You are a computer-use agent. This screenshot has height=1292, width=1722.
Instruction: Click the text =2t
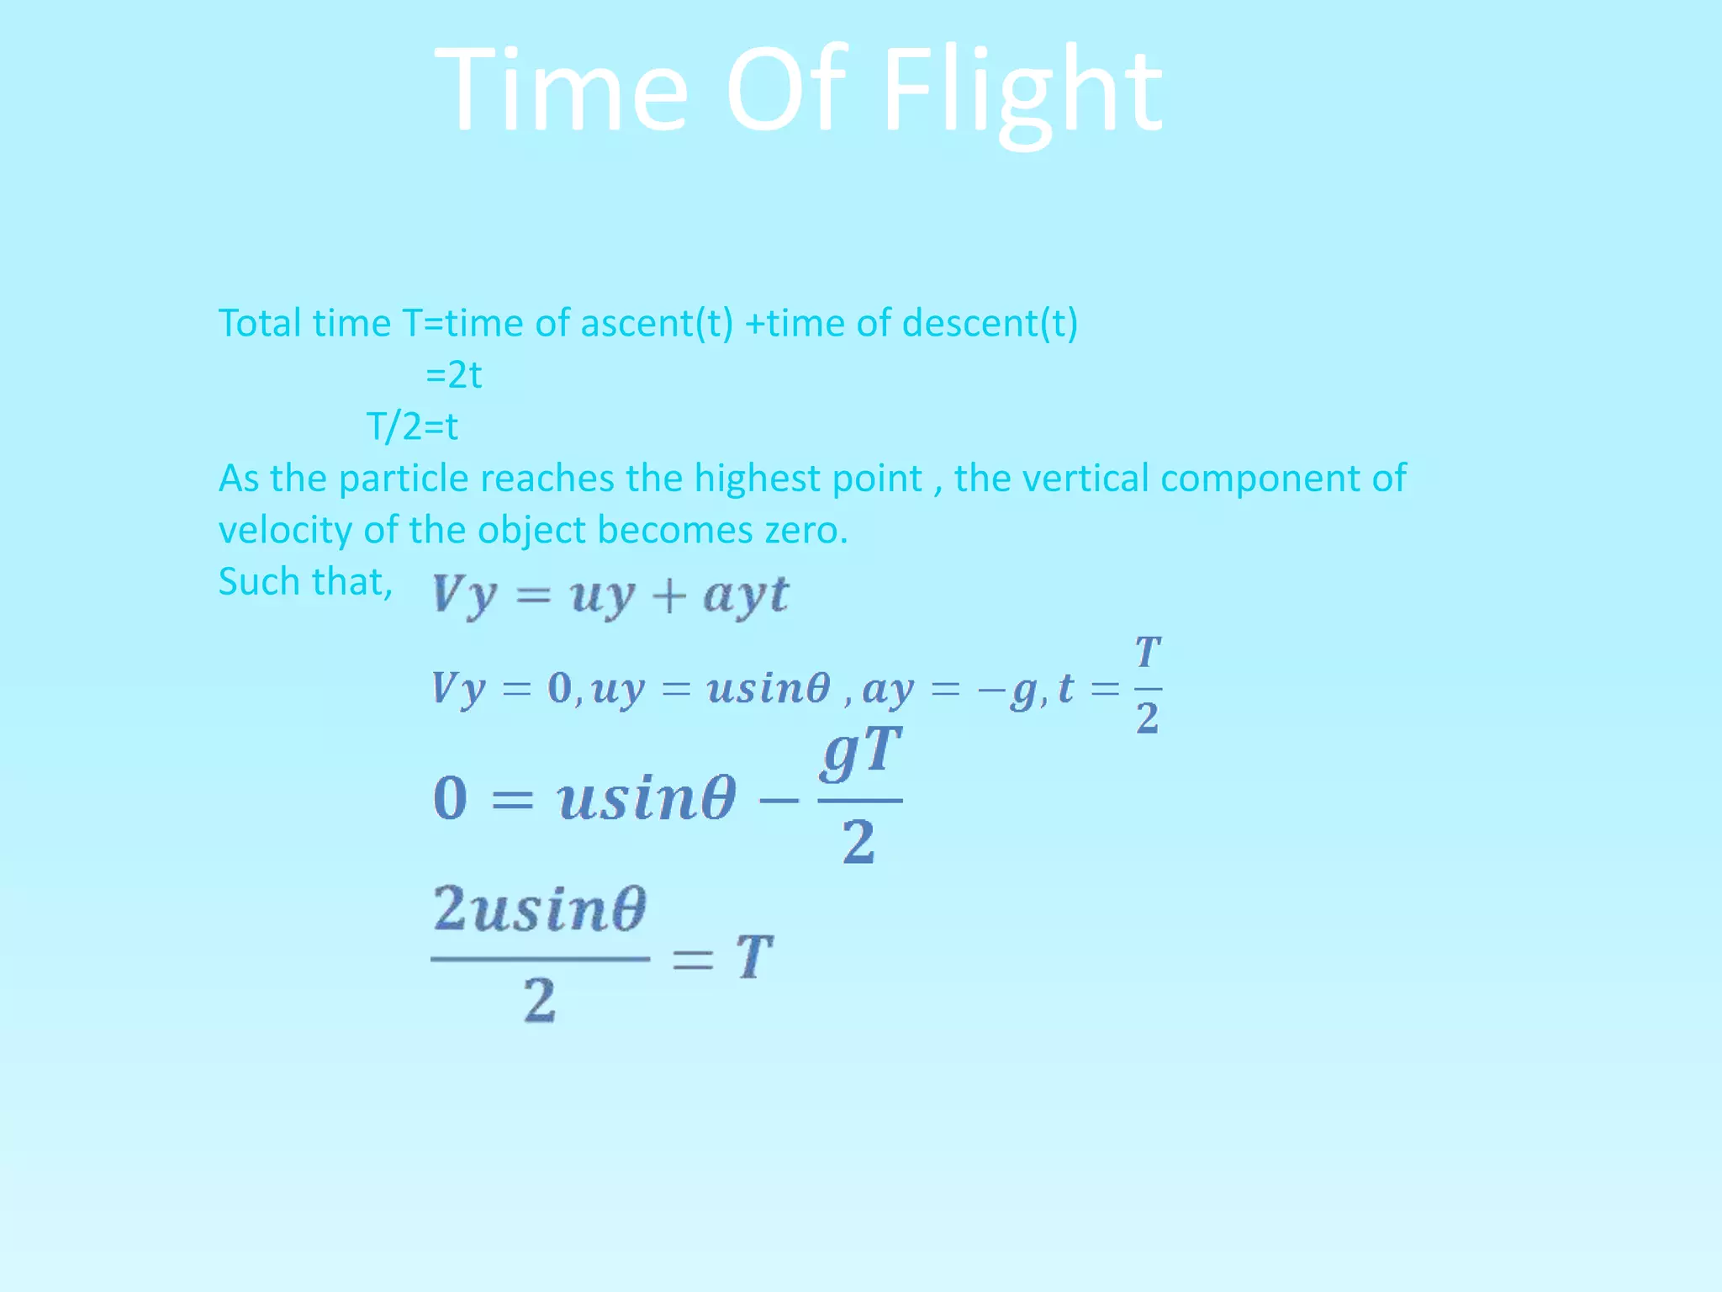point(453,375)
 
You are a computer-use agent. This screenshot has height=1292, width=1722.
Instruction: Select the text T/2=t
point(412,426)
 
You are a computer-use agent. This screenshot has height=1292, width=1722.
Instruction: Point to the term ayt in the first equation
point(746,596)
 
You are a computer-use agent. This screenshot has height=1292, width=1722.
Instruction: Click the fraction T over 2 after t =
point(1148,686)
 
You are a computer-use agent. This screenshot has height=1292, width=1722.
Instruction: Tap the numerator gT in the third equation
point(860,751)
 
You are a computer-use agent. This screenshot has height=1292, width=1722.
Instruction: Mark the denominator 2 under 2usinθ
point(540,1001)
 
